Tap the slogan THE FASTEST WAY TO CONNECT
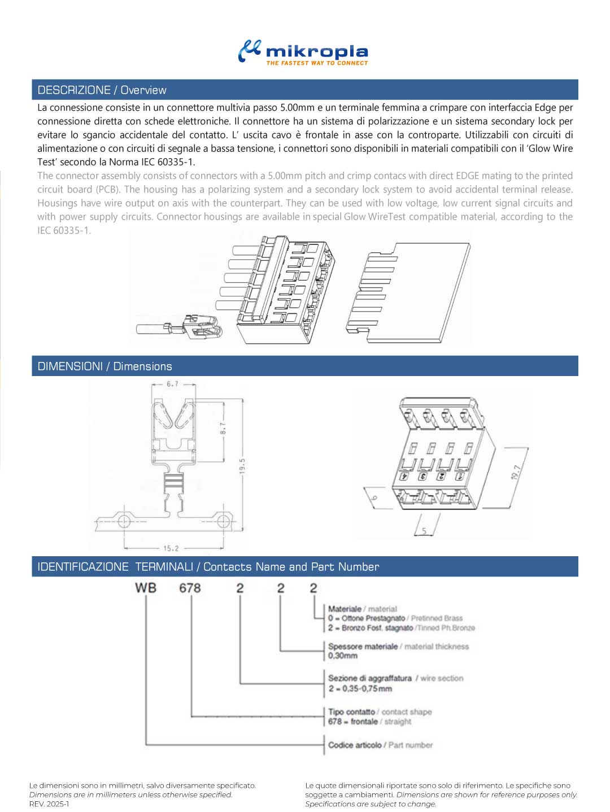click(x=317, y=63)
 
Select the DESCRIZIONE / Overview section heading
click(x=102, y=90)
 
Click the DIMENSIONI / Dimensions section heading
click(x=104, y=366)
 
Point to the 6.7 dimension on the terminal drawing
click(x=172, y=384)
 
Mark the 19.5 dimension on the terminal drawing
click(x=242, y=466)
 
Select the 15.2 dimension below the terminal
click(x=171, y=548)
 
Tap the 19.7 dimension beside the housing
click(x=515, y=472)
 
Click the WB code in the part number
click(x=146, y=588)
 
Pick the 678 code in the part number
click(x=190, y=588)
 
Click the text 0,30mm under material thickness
click(x=343, y=656)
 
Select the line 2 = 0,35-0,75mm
click(x=360, y=688)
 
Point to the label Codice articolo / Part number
click(x=380, y=745)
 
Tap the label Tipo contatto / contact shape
click(x=380, y=711)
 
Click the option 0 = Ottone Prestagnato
click(x=367, y=618)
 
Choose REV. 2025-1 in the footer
click(x=49, y=804)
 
